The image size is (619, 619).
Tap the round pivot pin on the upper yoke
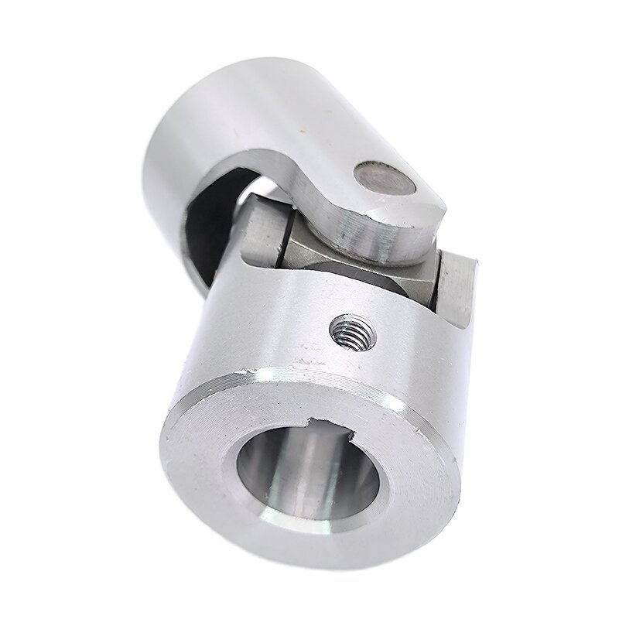tap(385, 180)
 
